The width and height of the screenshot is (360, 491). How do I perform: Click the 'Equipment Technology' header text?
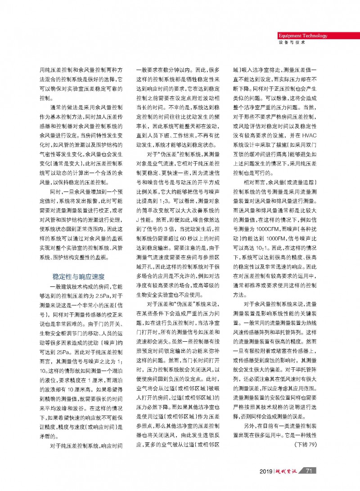point(303,36)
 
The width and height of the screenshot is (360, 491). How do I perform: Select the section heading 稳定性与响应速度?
point(79,276)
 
